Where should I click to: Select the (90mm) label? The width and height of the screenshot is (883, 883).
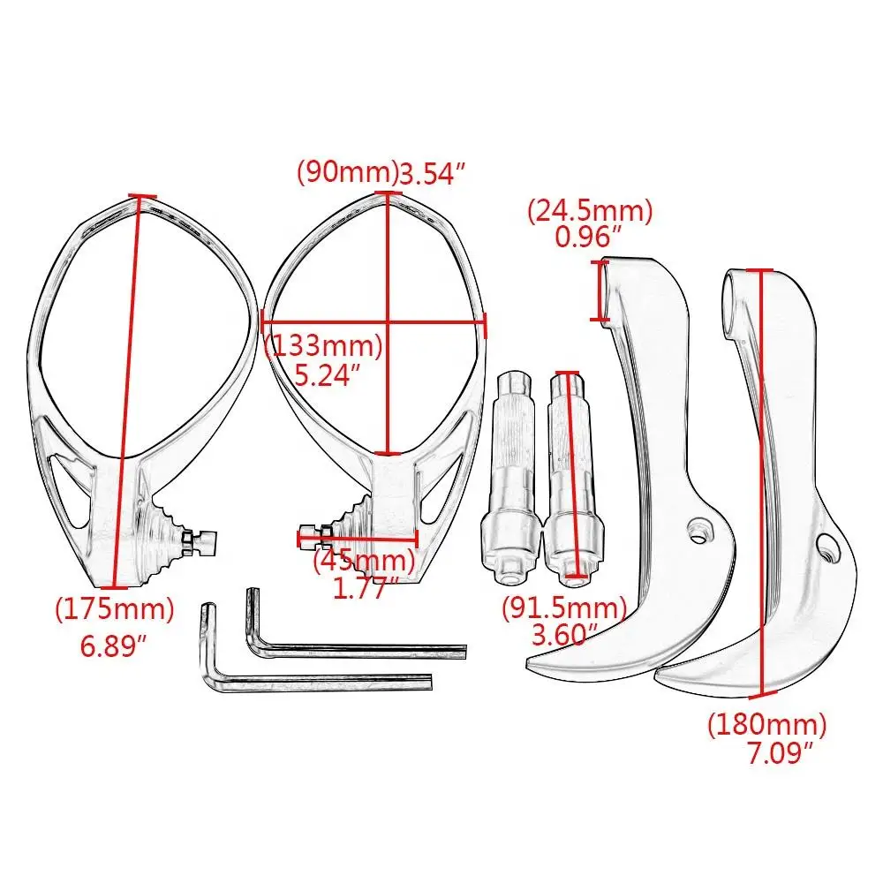pyautogui.click(x=348, y=172)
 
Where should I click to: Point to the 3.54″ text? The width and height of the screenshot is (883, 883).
pyautogui.click(x=432, y=174)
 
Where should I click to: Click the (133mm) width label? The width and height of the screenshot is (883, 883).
pyautogui.click(x=324, y=345)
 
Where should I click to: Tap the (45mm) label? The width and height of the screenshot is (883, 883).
pyautogui.click(x=365, y=560)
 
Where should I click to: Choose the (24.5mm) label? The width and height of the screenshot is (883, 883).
pyautogui.click(x=590, y=210)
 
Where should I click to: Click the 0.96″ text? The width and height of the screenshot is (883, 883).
pyautogui.click(x=590, y=236)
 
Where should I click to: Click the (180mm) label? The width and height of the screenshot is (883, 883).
pyautogui.click(x=767, y=725)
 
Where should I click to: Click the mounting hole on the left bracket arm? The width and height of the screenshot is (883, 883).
pyautogui.click(x=698, y=530)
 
